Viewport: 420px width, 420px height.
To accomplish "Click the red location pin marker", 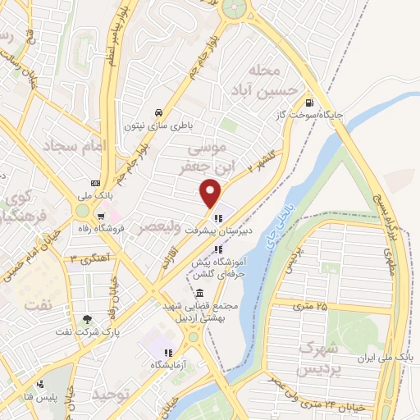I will [x=212, y=193].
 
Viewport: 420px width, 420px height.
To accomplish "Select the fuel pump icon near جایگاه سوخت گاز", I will [x=308, y=103].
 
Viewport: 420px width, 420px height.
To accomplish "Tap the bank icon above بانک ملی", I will [x=96, y=182].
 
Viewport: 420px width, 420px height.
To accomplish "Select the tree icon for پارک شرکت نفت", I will [x=88, y=318].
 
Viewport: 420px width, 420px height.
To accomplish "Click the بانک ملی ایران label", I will [x=387, y=358].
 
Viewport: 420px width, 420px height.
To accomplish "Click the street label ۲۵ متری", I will [x=308, y=306].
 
